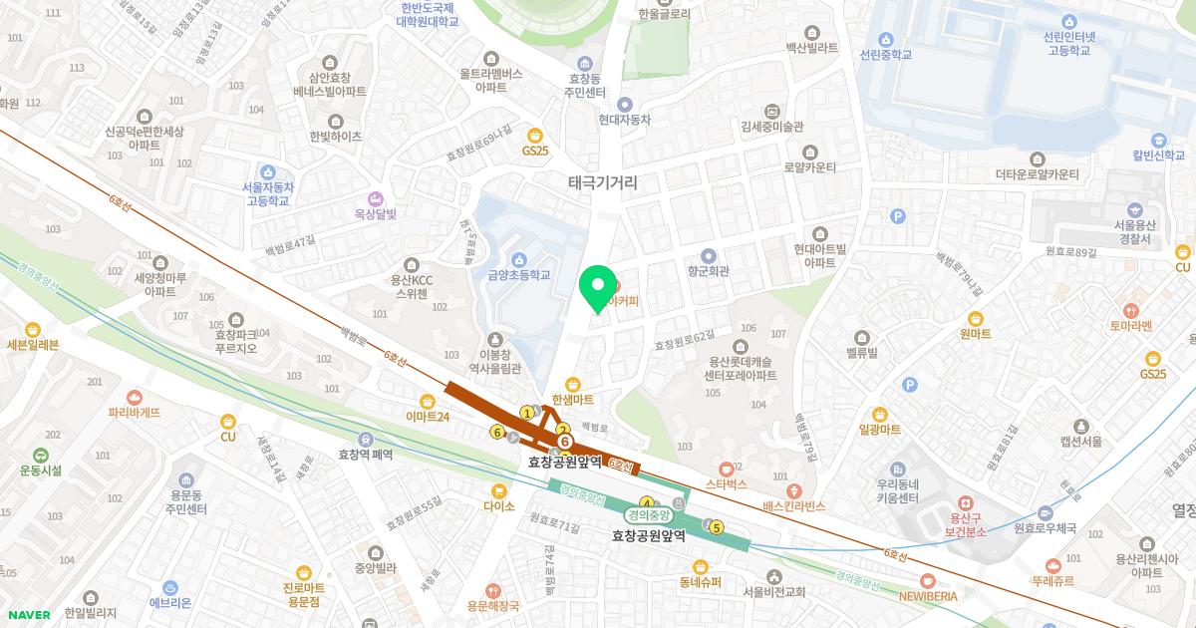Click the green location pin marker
pos(597,288)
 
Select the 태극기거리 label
pos(602,182)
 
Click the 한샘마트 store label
pos(573,399)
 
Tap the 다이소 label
pos(498,505)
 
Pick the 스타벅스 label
pos(727,483)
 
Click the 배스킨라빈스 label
pos(794,505)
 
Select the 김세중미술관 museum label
pos(772,127)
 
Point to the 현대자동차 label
pos(625,119)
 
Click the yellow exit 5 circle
pos(716,528)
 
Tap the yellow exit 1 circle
pos(527,413)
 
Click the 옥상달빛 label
pos(376,212)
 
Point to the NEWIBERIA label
pos(928,595)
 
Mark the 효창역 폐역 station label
pos(366,454)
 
